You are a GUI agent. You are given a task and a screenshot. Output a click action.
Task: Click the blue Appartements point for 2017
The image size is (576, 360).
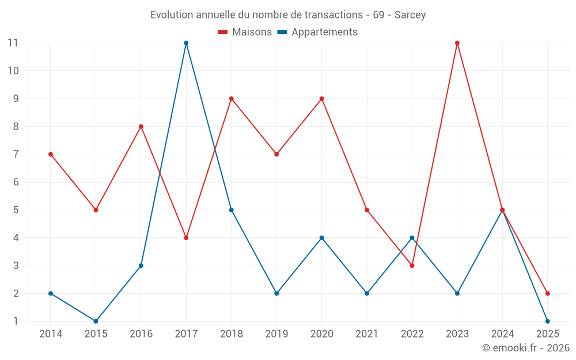[186, 43]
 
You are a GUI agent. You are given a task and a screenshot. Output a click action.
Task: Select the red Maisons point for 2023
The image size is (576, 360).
[457, 43]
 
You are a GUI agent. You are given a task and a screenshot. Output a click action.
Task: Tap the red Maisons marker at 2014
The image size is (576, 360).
[51, 154]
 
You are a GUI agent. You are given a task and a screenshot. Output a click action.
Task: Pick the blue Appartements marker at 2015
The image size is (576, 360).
[96, 321]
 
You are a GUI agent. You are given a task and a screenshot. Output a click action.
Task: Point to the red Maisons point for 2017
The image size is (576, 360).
[186, 238]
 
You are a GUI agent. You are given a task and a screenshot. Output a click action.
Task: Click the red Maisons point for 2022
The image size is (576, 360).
[412, 266]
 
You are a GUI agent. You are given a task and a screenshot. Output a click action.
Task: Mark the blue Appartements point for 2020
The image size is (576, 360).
[321, 238]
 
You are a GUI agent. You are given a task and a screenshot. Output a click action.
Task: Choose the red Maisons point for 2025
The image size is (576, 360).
[547, 293]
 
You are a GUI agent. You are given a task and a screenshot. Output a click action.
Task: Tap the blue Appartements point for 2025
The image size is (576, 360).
[547, 321]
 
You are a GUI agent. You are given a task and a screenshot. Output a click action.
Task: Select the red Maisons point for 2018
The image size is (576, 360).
[231, 98]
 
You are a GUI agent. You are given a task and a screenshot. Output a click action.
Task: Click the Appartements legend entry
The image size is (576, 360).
[317, 32]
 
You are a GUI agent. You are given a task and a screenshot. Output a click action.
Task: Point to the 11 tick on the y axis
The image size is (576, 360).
[13, 43]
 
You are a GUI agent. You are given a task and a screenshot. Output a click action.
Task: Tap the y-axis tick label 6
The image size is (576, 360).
[16, 182]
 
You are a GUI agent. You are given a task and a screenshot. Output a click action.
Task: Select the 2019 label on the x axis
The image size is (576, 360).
[276, 334]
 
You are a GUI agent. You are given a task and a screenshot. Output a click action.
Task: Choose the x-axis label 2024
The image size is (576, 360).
[502, 334]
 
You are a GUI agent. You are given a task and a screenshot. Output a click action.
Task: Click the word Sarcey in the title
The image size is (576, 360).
[410, 15]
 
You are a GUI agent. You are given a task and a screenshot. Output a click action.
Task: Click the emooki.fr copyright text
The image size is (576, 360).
[526, 348]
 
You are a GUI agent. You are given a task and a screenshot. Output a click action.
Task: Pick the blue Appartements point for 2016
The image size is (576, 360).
[141, 266]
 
